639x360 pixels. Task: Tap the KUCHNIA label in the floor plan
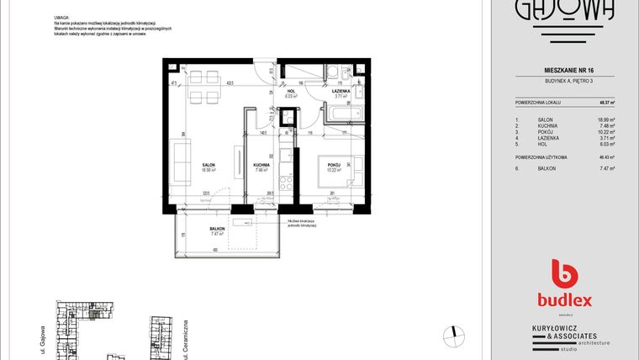261,164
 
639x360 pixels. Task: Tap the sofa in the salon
181,164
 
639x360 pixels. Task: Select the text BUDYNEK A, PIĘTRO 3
565,81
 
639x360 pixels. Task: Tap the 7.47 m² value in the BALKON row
606,169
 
